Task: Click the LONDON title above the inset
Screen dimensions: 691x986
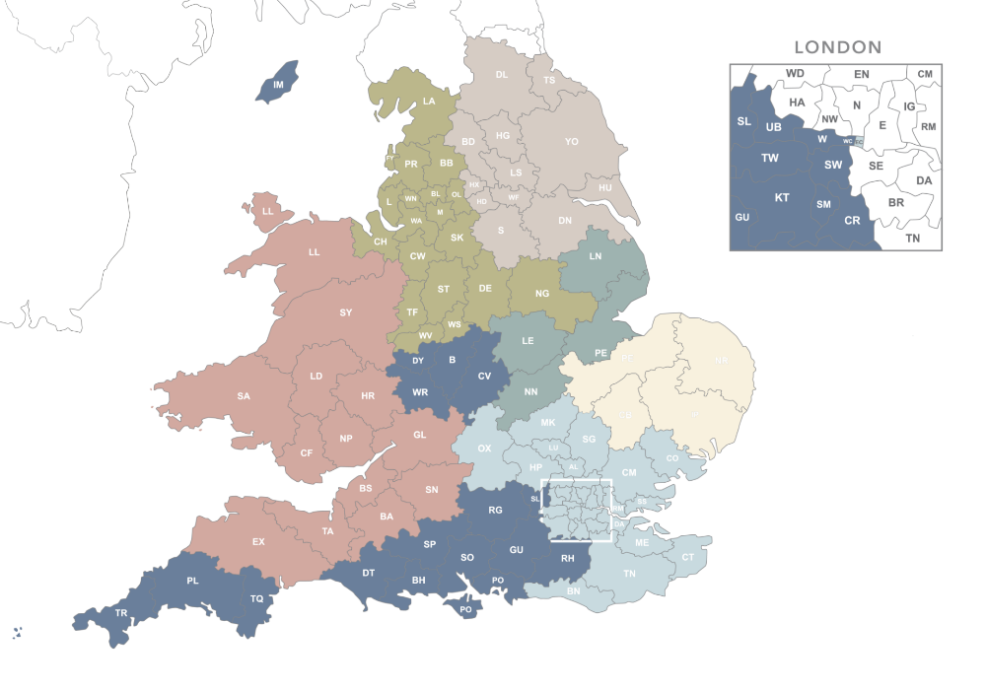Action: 837,46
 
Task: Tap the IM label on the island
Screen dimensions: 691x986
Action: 278,85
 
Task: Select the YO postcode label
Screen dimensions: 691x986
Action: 571,142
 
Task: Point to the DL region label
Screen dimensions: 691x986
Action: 501,75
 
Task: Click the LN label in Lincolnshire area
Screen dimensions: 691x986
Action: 596,256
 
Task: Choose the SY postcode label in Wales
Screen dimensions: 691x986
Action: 345,312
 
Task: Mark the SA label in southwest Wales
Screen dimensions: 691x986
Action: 243,396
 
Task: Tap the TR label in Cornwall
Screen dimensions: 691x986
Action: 121,613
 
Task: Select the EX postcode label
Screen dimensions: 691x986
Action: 258,541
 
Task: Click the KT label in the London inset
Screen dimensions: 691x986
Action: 782,197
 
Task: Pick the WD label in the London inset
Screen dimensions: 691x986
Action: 795,73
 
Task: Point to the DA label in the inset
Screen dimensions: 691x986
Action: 924,180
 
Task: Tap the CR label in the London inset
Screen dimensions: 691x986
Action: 852,220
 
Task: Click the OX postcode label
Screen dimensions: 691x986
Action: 484,449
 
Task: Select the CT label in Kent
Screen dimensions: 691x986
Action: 688,557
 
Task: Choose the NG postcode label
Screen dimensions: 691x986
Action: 541,294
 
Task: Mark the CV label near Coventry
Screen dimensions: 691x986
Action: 484,377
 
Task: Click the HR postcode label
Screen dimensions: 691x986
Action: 368,396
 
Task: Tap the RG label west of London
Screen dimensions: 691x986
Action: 495,510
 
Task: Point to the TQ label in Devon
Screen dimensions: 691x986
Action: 256,598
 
